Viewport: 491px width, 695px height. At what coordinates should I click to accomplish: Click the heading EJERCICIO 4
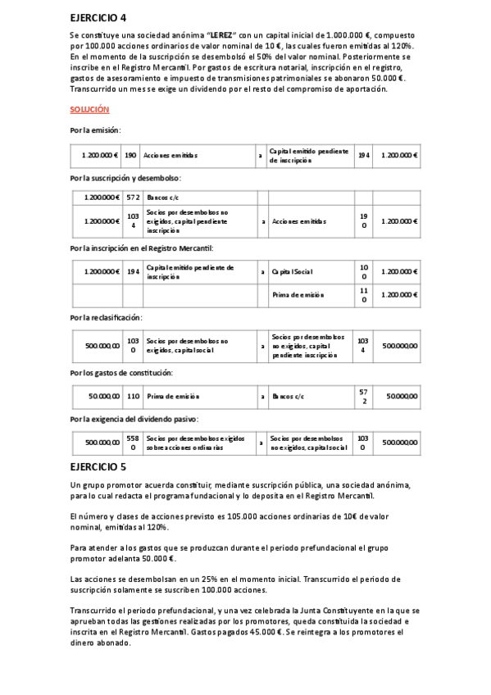click(98, 17)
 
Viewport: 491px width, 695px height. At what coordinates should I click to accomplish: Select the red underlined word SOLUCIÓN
click(89, 109)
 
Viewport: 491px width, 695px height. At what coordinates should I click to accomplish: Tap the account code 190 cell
click(130, 155)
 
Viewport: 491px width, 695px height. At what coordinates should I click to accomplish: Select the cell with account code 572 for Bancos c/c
click(134, 198)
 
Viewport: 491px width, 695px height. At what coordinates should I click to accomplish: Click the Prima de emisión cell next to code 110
click(168, 397)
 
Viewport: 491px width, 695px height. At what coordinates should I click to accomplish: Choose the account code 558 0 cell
click(133, 443)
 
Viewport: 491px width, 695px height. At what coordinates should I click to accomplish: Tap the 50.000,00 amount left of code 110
click(104, 397)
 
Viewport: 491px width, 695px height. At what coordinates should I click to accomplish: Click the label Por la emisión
click(95, 130)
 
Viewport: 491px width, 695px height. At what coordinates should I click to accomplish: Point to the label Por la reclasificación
click(106, 317)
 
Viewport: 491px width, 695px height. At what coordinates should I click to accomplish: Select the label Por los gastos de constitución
click(121, 373)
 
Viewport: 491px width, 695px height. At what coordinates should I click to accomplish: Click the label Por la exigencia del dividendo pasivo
click(134, 420)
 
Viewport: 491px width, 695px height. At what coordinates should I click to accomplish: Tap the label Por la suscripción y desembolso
click(125, 178)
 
